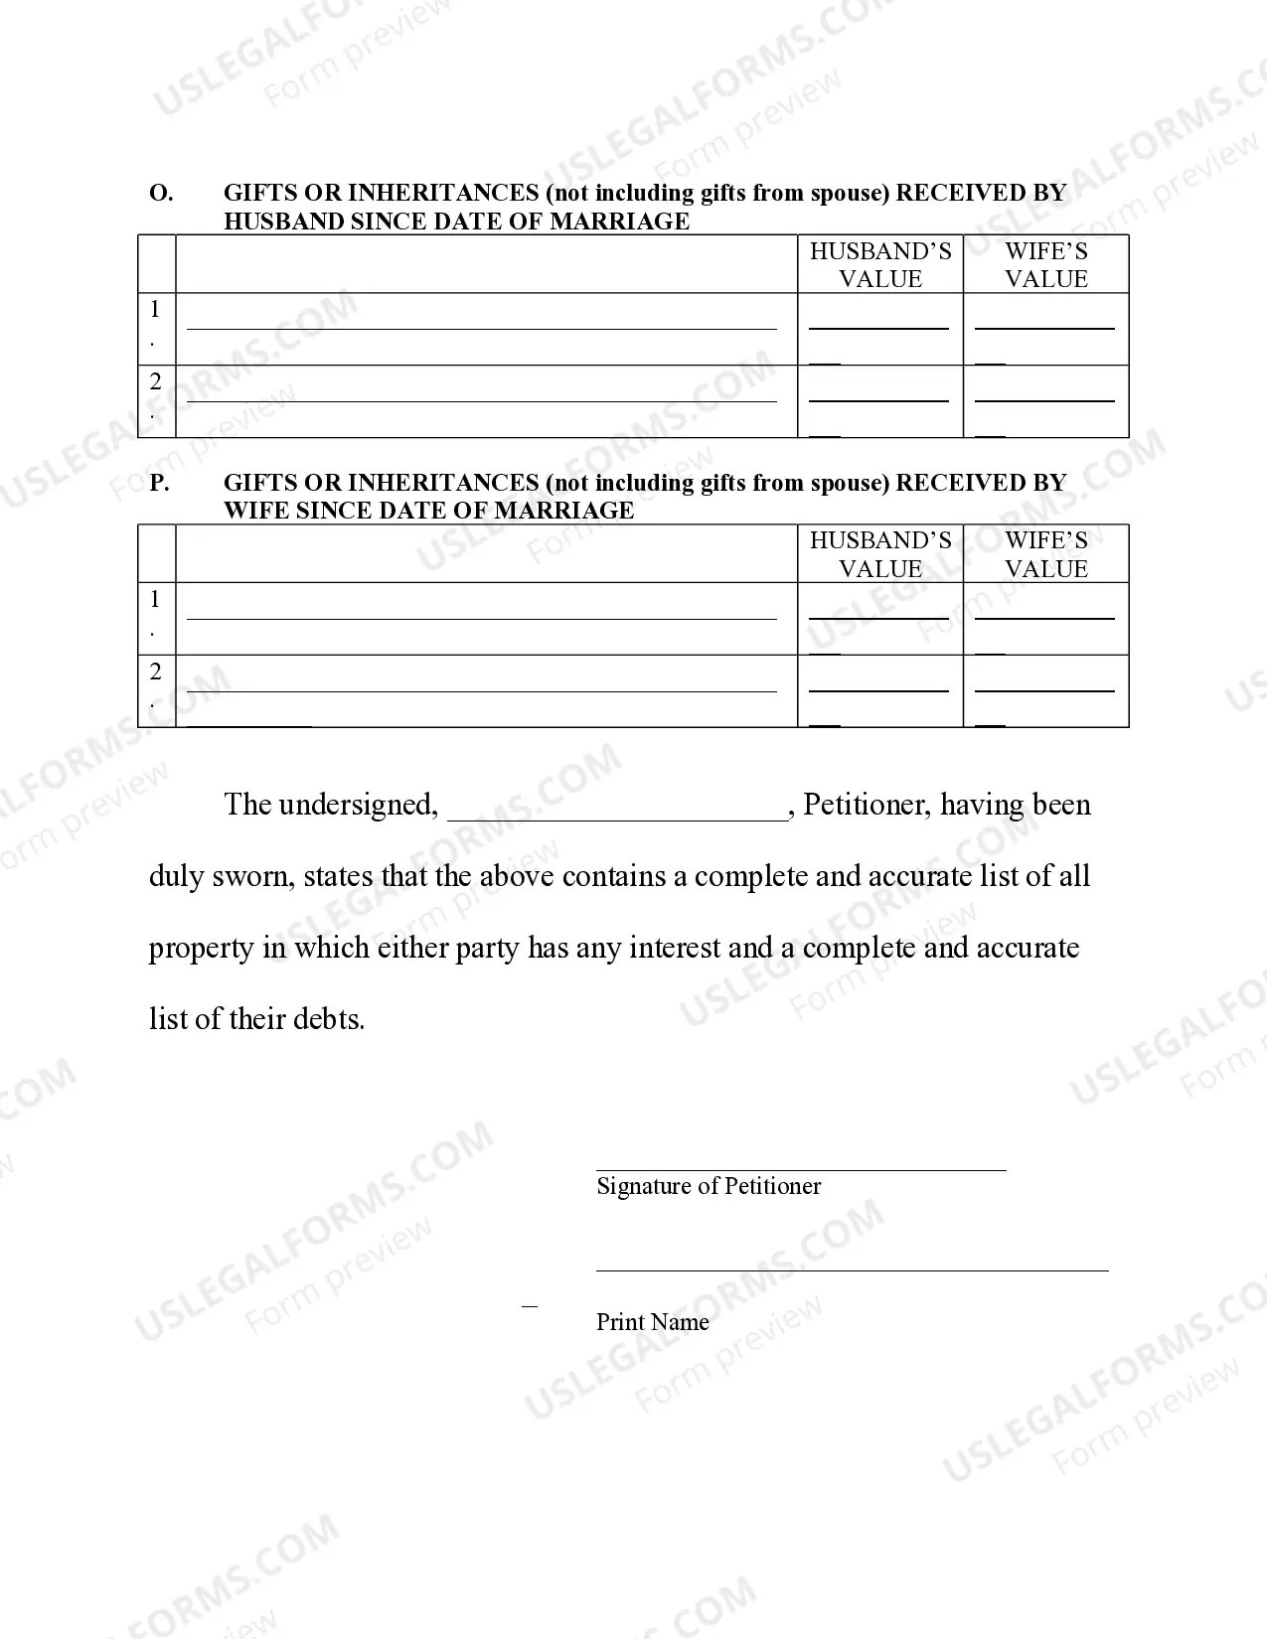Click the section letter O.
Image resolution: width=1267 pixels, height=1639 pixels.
pyautogui.click(x=160, y=193)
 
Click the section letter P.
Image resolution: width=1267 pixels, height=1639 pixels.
pyautogui.click(x=159, y=483)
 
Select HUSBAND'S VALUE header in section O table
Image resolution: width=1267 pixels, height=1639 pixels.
pyautogui.click(x=880, y=264)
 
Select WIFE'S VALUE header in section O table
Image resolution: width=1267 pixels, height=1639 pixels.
pyautogui.click(x=1045, y=264)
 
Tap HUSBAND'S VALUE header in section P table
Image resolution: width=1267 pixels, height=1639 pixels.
pyautogui.click(x=880, y=554)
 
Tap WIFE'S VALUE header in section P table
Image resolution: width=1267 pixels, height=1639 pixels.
pyautogui.click(x=1045, y=554)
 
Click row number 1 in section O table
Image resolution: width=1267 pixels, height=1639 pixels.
pyautogui.click(x=155, y=310)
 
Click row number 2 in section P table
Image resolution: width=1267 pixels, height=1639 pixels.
pyautogui.click(x=155, y=672)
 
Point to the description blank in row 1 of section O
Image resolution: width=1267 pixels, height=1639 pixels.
pyautogui.click(x=482, y=325)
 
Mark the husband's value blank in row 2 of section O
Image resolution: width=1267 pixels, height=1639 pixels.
pyautogui.click(x=879, y=398)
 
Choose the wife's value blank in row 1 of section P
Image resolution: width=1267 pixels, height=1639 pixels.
pyautogui.click(x=1044, y=616)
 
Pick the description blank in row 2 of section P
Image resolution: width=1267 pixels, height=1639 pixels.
pyautogui.click(x=482, y=688)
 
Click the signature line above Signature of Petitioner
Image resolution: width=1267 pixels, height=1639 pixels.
pyautogui.click(x=801, y=1168)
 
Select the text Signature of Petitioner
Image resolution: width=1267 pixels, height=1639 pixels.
pyautogui.click(x=709, y=1186)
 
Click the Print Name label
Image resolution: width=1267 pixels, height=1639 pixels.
pyautogui.click(x=652, y=1322)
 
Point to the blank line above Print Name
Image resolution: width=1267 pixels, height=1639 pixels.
pyautogui.click(x=852, y=1268)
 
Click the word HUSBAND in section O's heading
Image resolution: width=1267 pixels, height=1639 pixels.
pyautogui.click(x=284, y=222)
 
